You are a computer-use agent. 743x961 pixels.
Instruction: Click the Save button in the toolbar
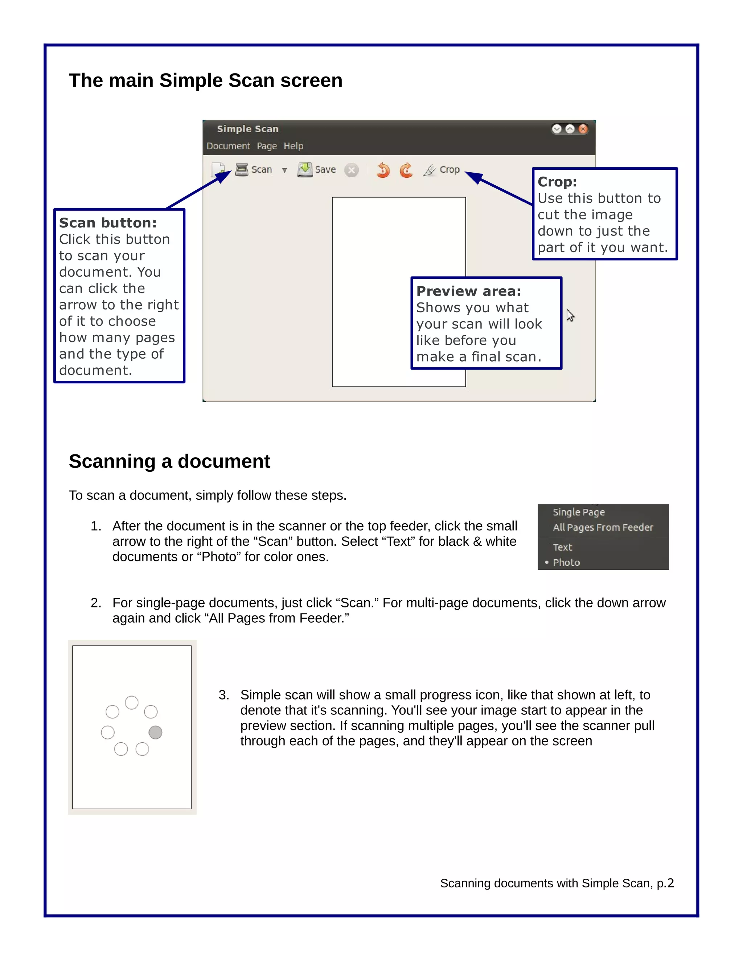317,170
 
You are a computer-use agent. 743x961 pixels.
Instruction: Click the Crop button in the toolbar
442,170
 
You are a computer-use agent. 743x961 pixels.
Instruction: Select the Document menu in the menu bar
228,146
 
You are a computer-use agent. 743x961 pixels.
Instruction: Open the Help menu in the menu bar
293,146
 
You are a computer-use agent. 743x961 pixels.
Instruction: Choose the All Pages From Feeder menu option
603,527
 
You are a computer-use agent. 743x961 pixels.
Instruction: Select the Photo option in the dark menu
566,562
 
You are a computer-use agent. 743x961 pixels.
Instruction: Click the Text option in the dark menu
562,547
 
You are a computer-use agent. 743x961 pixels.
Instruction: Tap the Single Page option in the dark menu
578,512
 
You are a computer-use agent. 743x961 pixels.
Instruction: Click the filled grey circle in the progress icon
155,732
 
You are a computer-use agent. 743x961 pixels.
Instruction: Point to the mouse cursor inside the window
570,315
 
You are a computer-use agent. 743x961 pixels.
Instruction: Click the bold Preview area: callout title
468,291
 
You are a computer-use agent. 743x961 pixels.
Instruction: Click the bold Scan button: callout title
108,223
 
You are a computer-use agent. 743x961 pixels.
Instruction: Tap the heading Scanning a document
169,462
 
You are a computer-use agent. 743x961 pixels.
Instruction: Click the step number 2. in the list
96,603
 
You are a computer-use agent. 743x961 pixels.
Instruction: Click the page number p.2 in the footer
665,883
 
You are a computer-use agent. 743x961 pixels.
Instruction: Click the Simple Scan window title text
247,129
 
